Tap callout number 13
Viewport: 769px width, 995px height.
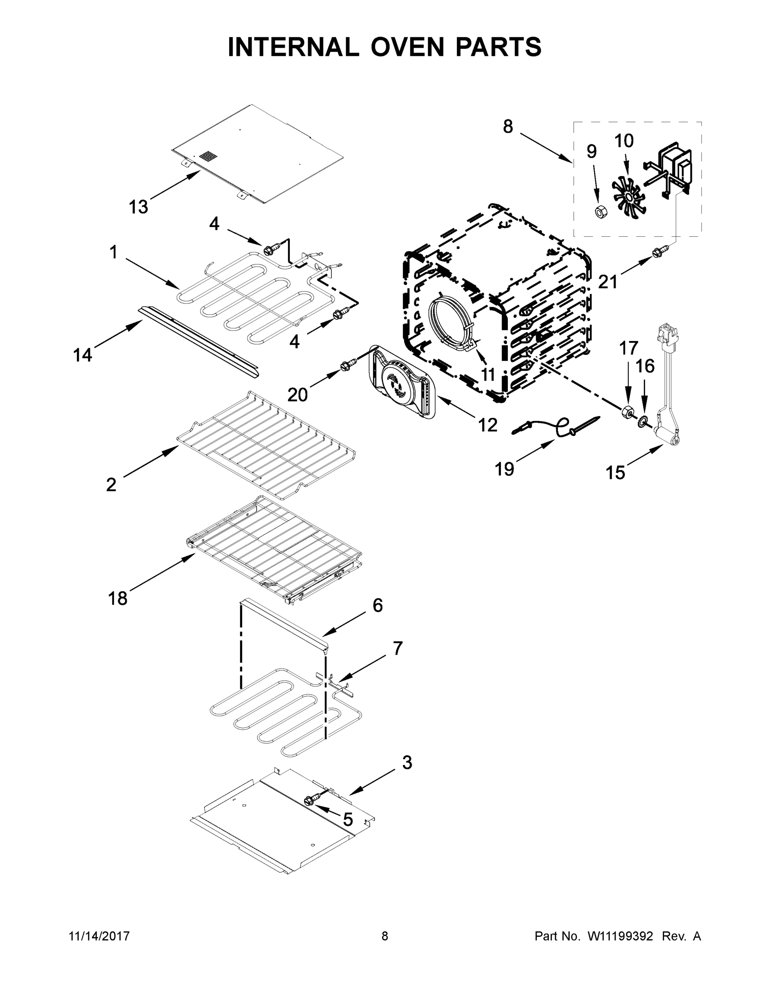138,207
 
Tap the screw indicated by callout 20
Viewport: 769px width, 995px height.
347,365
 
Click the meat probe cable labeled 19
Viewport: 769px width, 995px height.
556,428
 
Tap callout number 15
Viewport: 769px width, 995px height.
616,473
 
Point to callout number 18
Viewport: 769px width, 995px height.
118,598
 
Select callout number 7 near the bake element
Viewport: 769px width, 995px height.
398,648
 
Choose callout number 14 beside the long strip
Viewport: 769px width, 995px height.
83,354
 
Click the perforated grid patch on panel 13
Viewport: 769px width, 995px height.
210,157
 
